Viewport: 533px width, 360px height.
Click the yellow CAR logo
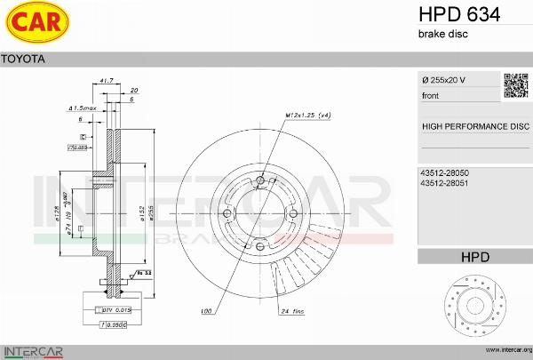[36, 24]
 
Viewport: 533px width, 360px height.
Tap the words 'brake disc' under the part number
[442, 34]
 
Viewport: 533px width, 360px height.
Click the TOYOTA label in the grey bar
[20, 59]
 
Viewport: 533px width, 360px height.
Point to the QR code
[516, 86]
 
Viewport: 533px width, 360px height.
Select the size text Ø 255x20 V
[444, 81]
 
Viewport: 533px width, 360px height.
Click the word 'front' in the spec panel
[431, 95]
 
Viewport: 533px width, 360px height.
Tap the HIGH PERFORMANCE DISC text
[474, 126]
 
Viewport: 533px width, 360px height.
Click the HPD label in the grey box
[474, 257]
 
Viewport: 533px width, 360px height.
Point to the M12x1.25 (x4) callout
[308, 116]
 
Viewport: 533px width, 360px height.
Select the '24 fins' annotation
[292, 313]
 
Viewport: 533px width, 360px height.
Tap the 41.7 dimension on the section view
[106, 81]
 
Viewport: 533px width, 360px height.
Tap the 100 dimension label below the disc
[206, 313]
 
